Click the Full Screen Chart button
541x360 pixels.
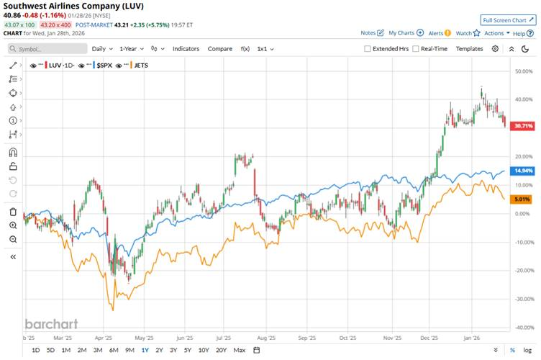pos(508,20)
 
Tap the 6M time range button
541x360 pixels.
pos(114,350)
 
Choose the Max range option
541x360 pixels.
pos(240,350)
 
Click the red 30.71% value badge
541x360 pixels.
pos(521,125)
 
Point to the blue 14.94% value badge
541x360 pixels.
pos(521,171)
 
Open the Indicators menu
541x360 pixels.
pos(186,49)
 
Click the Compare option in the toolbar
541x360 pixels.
pos(220,49)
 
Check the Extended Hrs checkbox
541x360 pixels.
pos(368,49)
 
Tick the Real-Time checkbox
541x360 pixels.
pos(416,49)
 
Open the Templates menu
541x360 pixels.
pos(469,49)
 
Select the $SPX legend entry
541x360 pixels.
pos(104,65)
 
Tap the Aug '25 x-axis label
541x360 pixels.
pos(267,336)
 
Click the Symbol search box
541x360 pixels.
pos(49,49)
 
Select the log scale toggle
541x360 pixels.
pos(527,350)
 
